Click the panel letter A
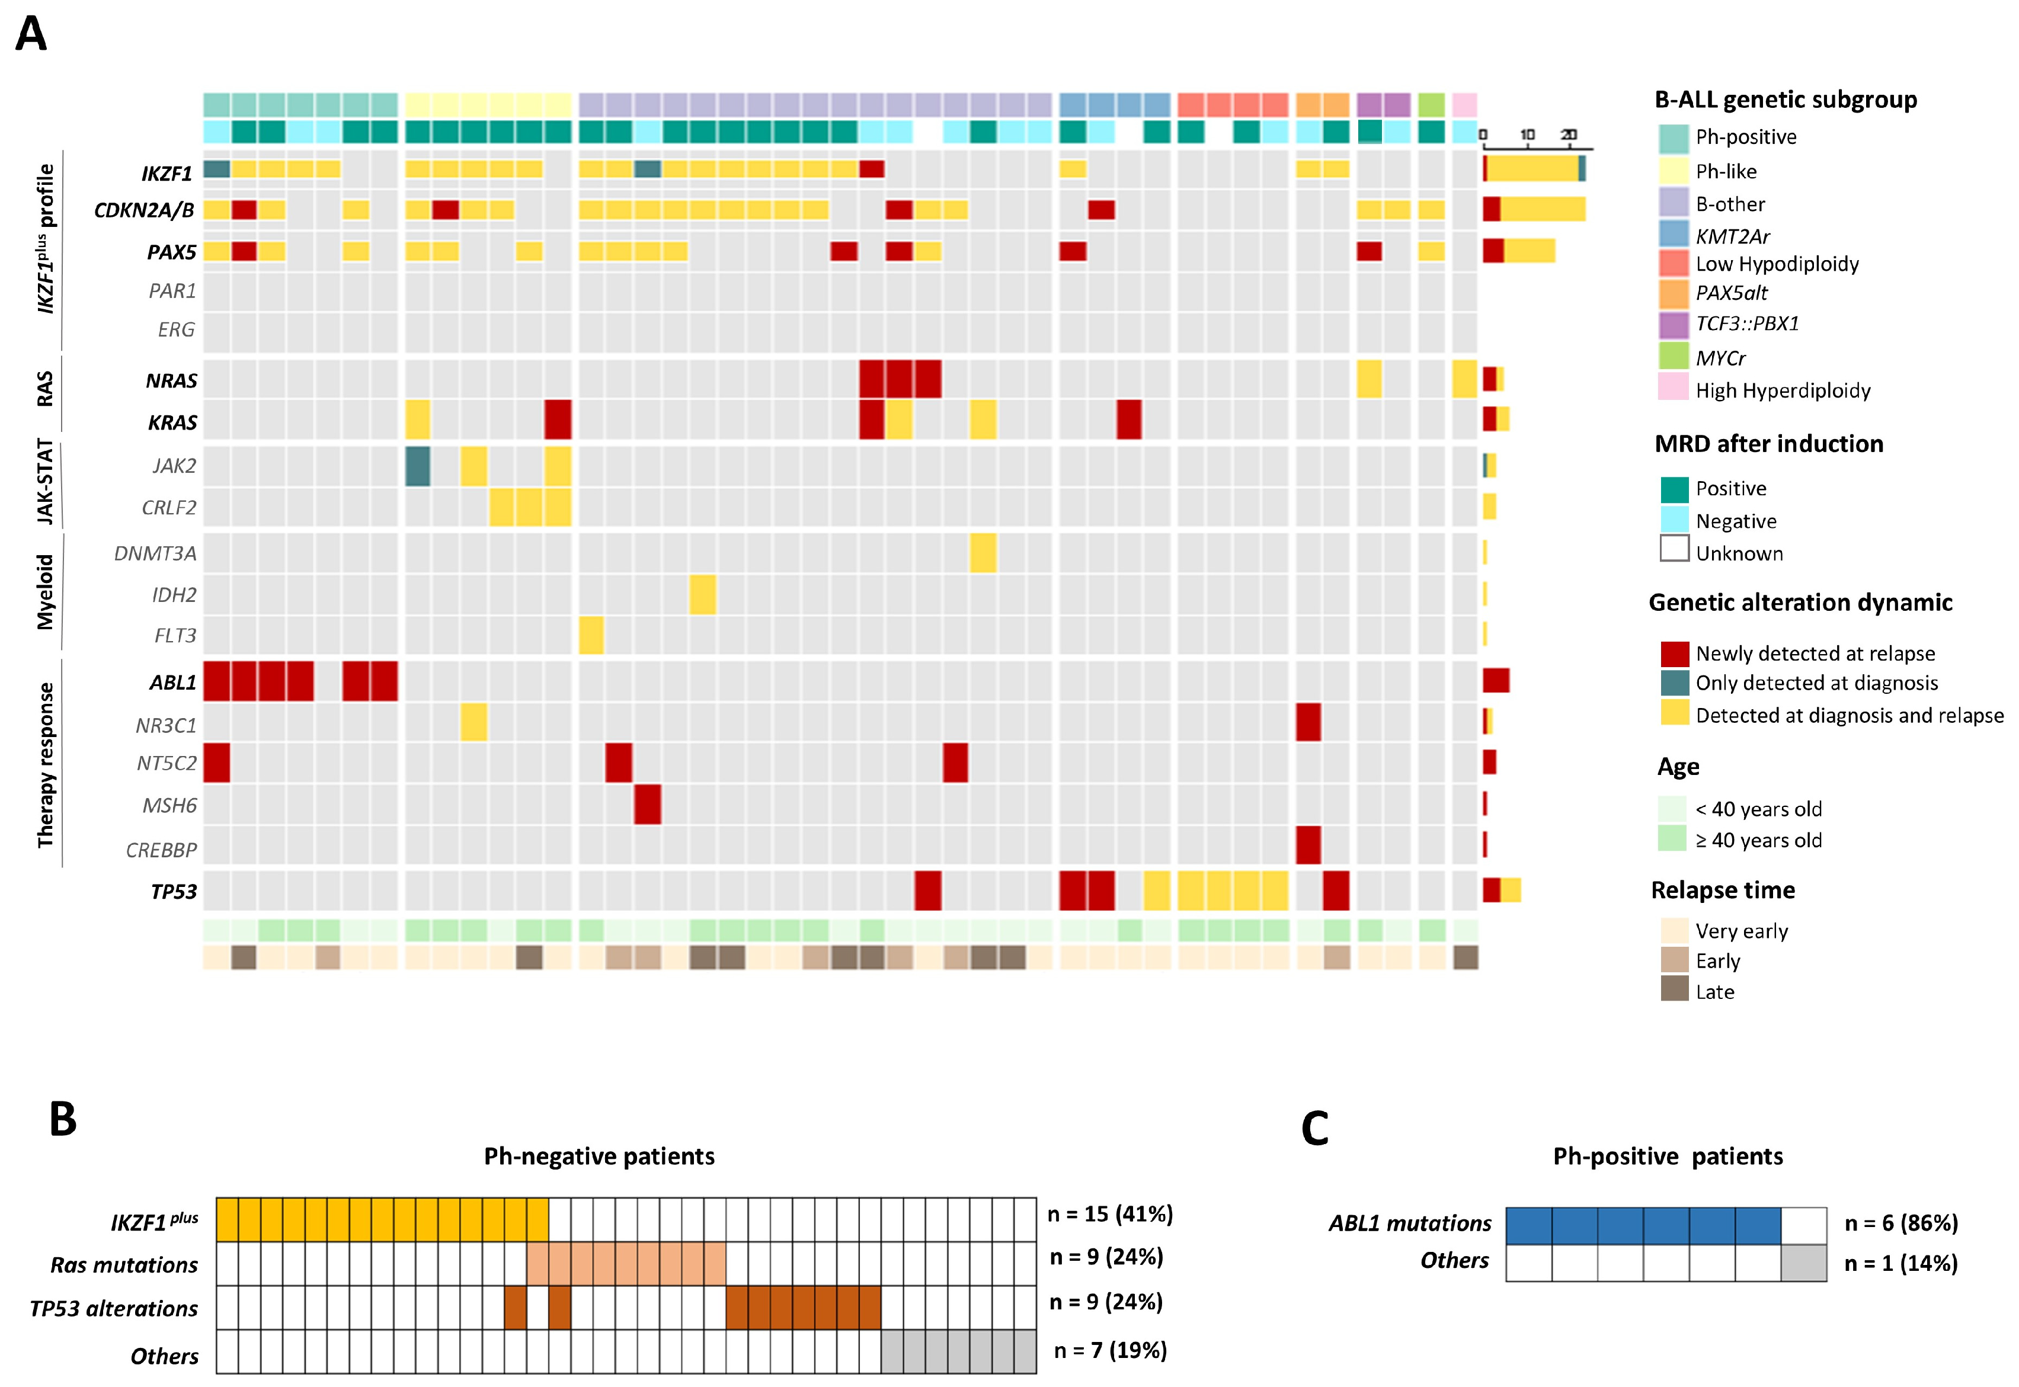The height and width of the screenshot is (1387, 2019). pyautogui.click(x=31, y=35)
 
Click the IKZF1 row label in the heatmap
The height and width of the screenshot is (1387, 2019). pyautogui.click(x=167, y=174)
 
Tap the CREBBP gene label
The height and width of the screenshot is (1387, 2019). pyautogui.click(x=162, y=850)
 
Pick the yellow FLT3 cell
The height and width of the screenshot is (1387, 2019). pyautogui.click(x=591, y=635)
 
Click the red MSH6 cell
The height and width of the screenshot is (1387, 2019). pyautogui.click(x=648, y=805)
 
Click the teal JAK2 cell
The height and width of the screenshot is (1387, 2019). pyautogui.click(x=418, y=466)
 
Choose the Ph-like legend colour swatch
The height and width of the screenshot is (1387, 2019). pyautogui.click(x=1673, y=171)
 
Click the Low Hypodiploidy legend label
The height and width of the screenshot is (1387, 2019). pyautogui.click(x=1777, y=264)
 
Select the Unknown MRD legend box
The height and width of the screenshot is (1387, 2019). pyautogui.click(x=1674, y=549)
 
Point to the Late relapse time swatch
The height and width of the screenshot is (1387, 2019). pyautogui.click(x=1674, y=990)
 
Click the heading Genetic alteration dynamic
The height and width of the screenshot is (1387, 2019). pyautogui.click(x=1800, y=603)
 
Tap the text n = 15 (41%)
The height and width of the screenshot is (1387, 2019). pyautogui.click(x=1110, y=1214)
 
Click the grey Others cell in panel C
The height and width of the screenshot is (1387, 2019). pyautogui.click(x=1803, y=1263)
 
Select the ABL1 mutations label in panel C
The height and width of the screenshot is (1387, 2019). pyautogui.click(x=1410, y=1223)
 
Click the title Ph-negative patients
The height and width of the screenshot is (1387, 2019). pyautogui.click(x=599, y=1157)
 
